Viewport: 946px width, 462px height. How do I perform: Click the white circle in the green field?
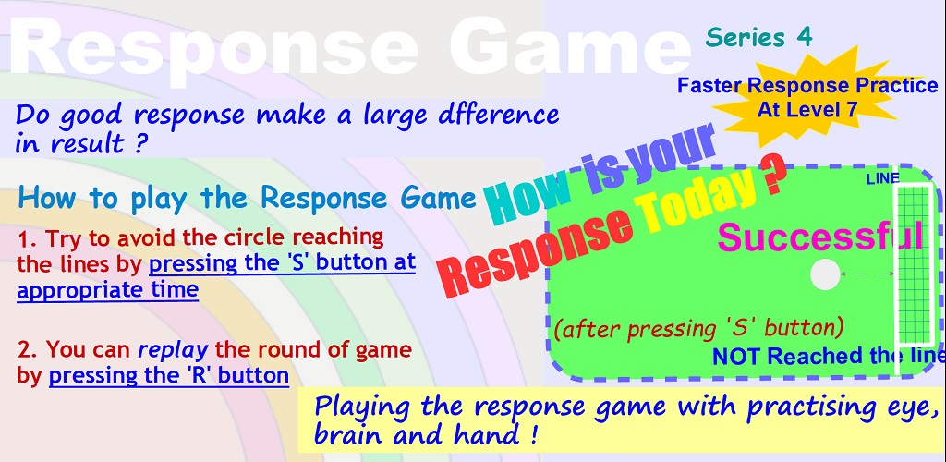[x=825, y=275]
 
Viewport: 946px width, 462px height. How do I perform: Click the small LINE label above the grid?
[x=882, y=178]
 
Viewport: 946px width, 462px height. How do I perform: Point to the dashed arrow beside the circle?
[x=867, y=274]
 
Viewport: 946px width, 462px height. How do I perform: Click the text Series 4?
[x=759, y=37]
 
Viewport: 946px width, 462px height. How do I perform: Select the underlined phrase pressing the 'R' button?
[x=169, y=375]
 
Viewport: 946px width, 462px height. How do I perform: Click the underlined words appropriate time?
[x=108, y=289]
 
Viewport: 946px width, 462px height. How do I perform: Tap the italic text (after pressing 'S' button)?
[x=698, y=329]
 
